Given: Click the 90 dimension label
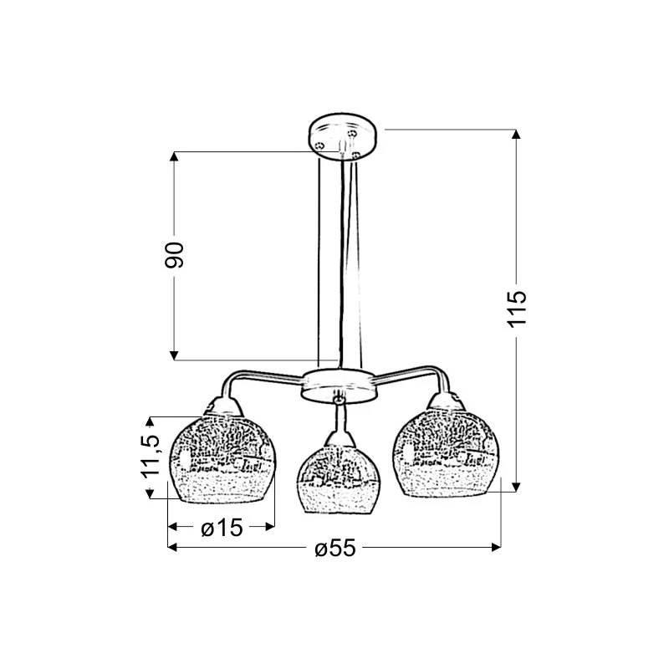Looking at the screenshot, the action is click(174, 255).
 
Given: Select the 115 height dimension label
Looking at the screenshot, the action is click(517, 309).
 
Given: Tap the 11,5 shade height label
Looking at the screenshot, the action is click(150, 457).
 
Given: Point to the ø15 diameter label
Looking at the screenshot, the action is click(222, 528).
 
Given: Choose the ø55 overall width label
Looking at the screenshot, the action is click(335, 548).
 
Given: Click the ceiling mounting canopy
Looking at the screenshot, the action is click(343, 136).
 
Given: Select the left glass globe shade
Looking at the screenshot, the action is click(222, 458).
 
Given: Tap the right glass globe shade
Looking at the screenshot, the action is click(446, 453).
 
